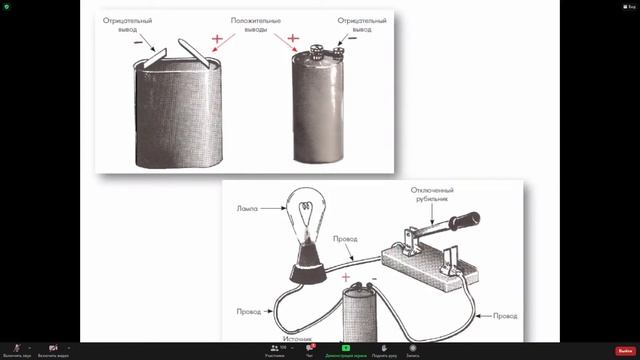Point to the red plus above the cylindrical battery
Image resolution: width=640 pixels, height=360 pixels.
point(294,40)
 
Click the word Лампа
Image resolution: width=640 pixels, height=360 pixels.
point(248,208)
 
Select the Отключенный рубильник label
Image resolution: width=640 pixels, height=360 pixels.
point(433,195)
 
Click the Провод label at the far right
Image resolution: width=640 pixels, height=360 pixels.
point(505,316)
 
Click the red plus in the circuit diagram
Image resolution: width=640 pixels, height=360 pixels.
point(345,277)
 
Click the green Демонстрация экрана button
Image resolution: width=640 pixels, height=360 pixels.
point(347,350)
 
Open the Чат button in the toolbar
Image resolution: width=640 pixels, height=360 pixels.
point(309,350)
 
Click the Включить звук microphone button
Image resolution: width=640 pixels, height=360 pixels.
point(17,350)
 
